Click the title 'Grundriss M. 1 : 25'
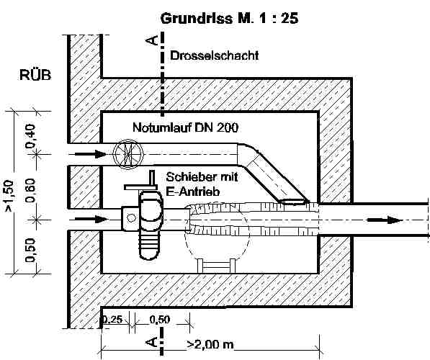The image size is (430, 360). [229, 19]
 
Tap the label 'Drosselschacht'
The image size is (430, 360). [215, 55]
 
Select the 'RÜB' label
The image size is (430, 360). [35, 75]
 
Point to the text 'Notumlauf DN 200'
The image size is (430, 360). [185, 127]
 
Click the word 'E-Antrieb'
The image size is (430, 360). [193, 192]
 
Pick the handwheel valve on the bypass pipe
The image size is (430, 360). [128, 154]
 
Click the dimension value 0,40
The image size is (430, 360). [31, 136]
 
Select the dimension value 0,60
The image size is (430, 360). [31, 190]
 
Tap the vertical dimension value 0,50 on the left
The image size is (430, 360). [31, 250]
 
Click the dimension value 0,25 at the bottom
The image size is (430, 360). [112, 320]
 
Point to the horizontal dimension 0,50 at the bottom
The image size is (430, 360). [160, 320]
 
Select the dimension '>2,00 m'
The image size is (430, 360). [210, 344]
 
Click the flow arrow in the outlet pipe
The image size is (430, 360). [384, 220]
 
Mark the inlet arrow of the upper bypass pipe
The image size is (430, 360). [91, 154]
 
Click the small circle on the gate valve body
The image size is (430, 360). [131, 218]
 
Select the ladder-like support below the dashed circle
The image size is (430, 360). [216, 266]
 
